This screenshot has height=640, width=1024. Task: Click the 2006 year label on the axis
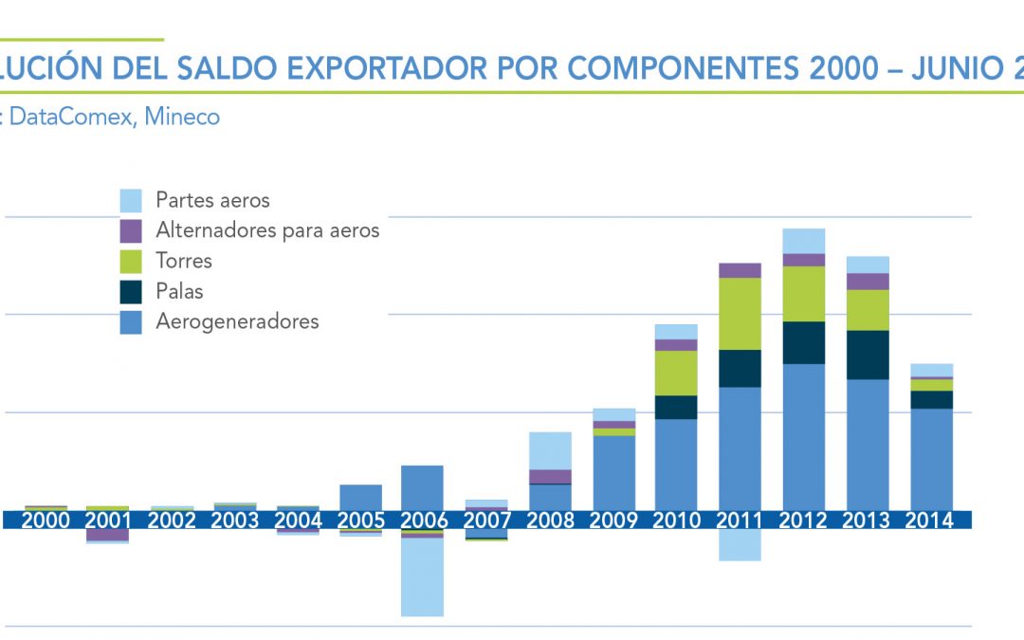tap(422, 520)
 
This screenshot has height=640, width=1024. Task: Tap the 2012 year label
tap(803, 520)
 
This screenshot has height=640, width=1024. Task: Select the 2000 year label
tap(46, 520)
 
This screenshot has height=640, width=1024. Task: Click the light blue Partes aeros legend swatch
tap(131, 200)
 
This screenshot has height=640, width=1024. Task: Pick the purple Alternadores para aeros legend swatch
tap(131, 230)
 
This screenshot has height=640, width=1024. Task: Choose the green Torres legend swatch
tap(131, 261)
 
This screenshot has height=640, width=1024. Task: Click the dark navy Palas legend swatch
tap(131, 291)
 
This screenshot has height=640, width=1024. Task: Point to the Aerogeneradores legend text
tap(237, 321)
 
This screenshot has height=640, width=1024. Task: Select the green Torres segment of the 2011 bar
tap(740, 313)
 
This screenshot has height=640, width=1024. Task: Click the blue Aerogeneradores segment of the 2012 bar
tap(803, 436)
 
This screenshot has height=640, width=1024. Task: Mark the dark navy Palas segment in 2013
tap(867, 355)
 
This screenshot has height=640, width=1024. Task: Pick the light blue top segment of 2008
tap(550, 450)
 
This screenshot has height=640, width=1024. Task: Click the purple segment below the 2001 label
tap(107, 535)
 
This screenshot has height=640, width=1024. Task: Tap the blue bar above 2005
tap(360, 497)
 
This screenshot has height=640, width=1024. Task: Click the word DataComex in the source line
tap(71, 117)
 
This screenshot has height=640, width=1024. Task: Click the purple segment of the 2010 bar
tap(676, 345)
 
